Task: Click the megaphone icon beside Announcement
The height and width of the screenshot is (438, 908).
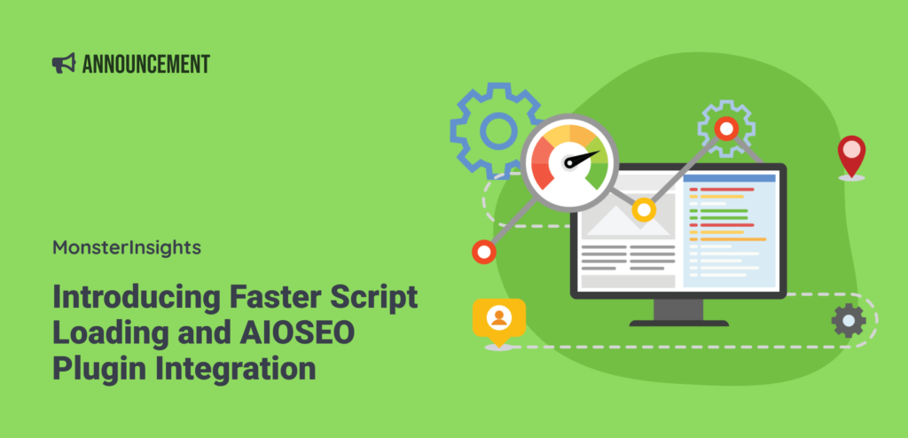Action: (63, 64)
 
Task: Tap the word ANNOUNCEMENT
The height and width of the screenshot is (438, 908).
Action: (145, 64)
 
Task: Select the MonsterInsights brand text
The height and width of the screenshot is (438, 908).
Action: (127, 247)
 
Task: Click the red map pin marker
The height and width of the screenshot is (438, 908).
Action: (851, 155)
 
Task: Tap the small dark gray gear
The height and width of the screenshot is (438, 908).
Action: (849, 320)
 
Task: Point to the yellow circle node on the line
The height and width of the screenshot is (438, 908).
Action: (644, 210)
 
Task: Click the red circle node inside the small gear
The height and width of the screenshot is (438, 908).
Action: (726, 129)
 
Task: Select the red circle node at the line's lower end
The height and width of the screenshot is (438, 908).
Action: (483, 252)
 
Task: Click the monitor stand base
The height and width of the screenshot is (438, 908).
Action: (678, 321)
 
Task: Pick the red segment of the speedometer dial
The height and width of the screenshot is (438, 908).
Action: (543, 159)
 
